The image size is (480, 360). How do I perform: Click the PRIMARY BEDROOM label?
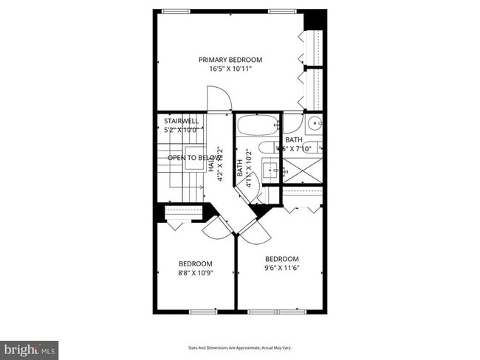coord(230,60)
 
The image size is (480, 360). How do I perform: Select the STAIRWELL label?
coord(181,120)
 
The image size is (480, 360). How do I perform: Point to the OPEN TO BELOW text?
coord(191,158)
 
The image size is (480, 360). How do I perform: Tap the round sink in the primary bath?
coord(313,123)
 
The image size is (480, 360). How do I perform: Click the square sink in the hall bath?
coord(274,172)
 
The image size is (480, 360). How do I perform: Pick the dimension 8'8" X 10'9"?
coord(196,273)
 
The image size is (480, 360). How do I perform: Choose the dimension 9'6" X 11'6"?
coord(282,269)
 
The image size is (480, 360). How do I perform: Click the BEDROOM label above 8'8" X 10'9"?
coord(196,263)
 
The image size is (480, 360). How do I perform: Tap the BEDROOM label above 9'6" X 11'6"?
coord(282,259)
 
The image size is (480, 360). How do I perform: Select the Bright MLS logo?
coord(30,347)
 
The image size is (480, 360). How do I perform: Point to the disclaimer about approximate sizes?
coord(240,347)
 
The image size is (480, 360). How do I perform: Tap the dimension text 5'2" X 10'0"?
coord(181,130)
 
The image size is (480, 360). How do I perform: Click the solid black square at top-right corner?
coord(315,18)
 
